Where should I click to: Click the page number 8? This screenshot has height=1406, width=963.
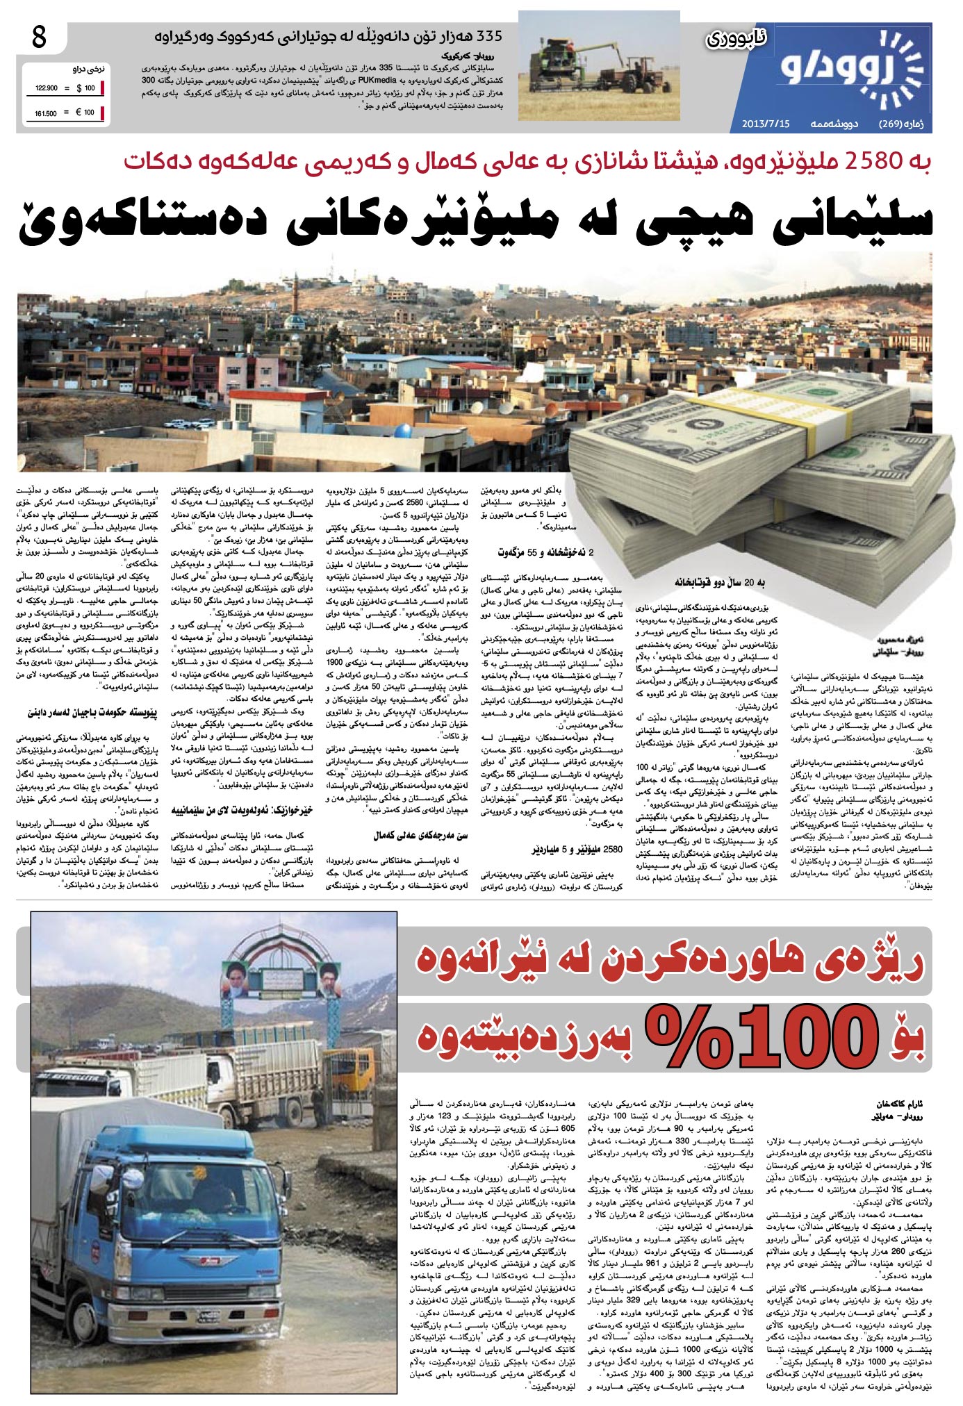tap(39, 37)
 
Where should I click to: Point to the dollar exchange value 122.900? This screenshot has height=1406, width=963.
tap(46, 89)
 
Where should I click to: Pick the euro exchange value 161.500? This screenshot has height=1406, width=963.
tap(46, 113)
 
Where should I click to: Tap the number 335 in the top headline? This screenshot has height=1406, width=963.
tap(484, 36)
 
